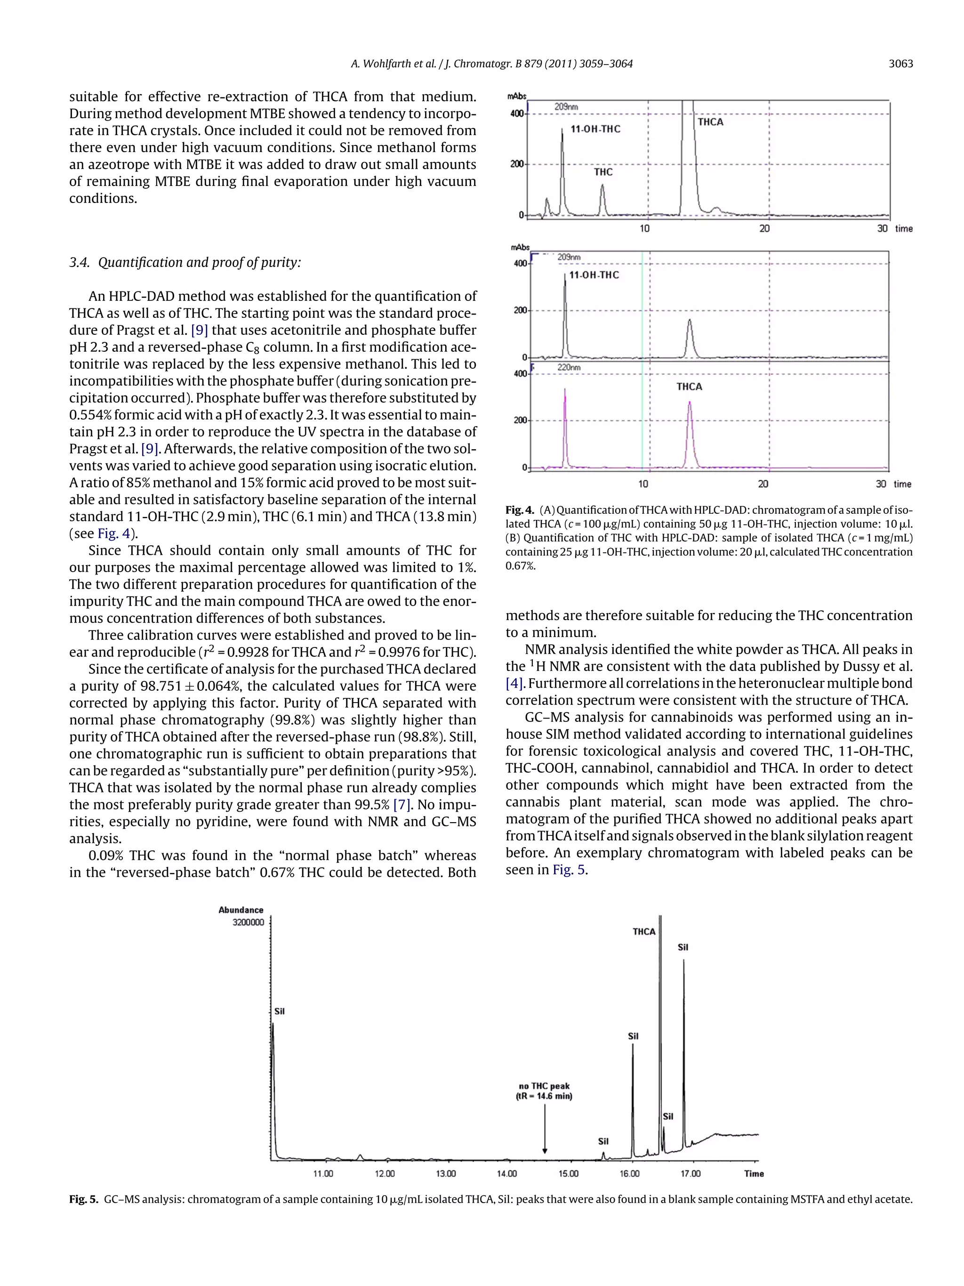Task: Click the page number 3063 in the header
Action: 900,64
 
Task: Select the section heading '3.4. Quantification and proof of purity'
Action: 185,262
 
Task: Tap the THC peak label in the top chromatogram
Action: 602,172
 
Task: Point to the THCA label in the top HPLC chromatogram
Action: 710,121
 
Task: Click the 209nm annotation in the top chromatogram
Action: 565,107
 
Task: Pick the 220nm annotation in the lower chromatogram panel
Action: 568,367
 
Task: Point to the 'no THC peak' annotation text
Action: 544,1086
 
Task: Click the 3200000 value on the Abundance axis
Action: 248,922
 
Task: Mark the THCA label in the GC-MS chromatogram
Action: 644,931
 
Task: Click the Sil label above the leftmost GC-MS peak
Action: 280,1011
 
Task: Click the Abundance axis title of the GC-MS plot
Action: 241,910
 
